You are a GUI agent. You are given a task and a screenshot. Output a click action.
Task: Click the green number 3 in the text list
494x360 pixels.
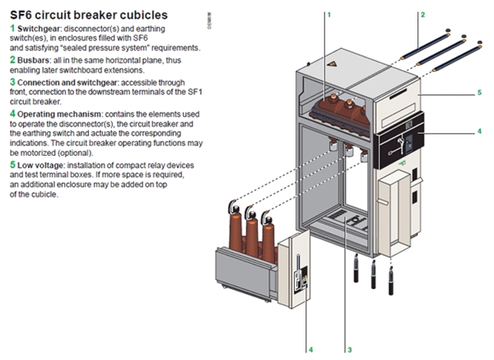pyautogui.click(x=12, y=82)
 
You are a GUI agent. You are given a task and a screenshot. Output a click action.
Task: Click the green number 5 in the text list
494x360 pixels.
pyautogui.click(x=12, y=165)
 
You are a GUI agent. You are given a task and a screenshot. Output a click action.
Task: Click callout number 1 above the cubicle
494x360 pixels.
pyautogui.click(x=329, y=15)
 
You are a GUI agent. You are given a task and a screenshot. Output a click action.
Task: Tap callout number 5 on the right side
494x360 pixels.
pyautogui.click(x=479, y=92)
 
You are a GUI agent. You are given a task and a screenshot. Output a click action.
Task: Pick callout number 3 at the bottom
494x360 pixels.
pyautogui.click(x=349, y=349)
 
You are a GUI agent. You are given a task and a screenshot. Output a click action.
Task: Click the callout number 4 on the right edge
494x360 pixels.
pyautogui.click(x=479, y=130)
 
